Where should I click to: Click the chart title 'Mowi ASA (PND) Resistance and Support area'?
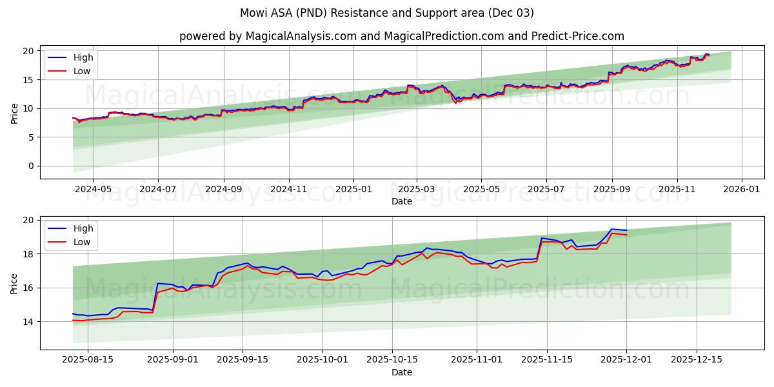click(386, 13)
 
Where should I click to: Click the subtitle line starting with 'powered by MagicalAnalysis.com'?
click(401, 36)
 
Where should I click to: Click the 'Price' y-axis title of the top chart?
click(14, 112)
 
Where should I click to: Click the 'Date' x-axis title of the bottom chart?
click(401, 372)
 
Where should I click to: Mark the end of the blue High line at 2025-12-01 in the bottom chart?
click(626, 230)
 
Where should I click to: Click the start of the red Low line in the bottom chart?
click(73, 320)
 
